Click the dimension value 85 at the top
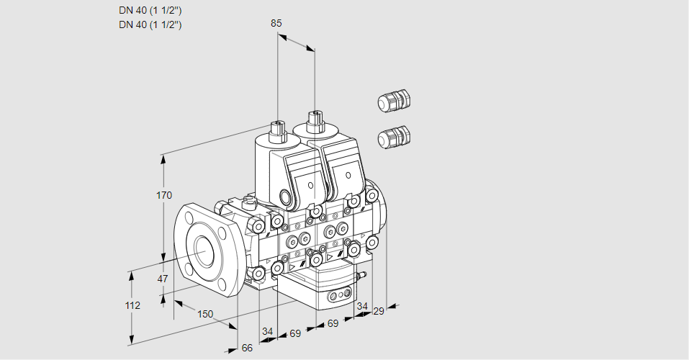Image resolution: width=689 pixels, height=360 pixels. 276,23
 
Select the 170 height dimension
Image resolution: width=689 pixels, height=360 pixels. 164,195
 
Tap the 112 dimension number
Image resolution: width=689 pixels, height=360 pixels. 132,305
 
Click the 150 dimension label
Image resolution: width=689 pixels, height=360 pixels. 205,313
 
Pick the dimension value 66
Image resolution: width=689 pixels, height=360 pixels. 247,348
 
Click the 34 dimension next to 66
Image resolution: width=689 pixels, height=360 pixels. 267,331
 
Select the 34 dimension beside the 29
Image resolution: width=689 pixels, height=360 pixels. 362,306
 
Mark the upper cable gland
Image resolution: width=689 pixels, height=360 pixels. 394,101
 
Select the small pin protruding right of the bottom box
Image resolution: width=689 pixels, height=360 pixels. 364,275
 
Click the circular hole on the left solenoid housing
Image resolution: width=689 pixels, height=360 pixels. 287,197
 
